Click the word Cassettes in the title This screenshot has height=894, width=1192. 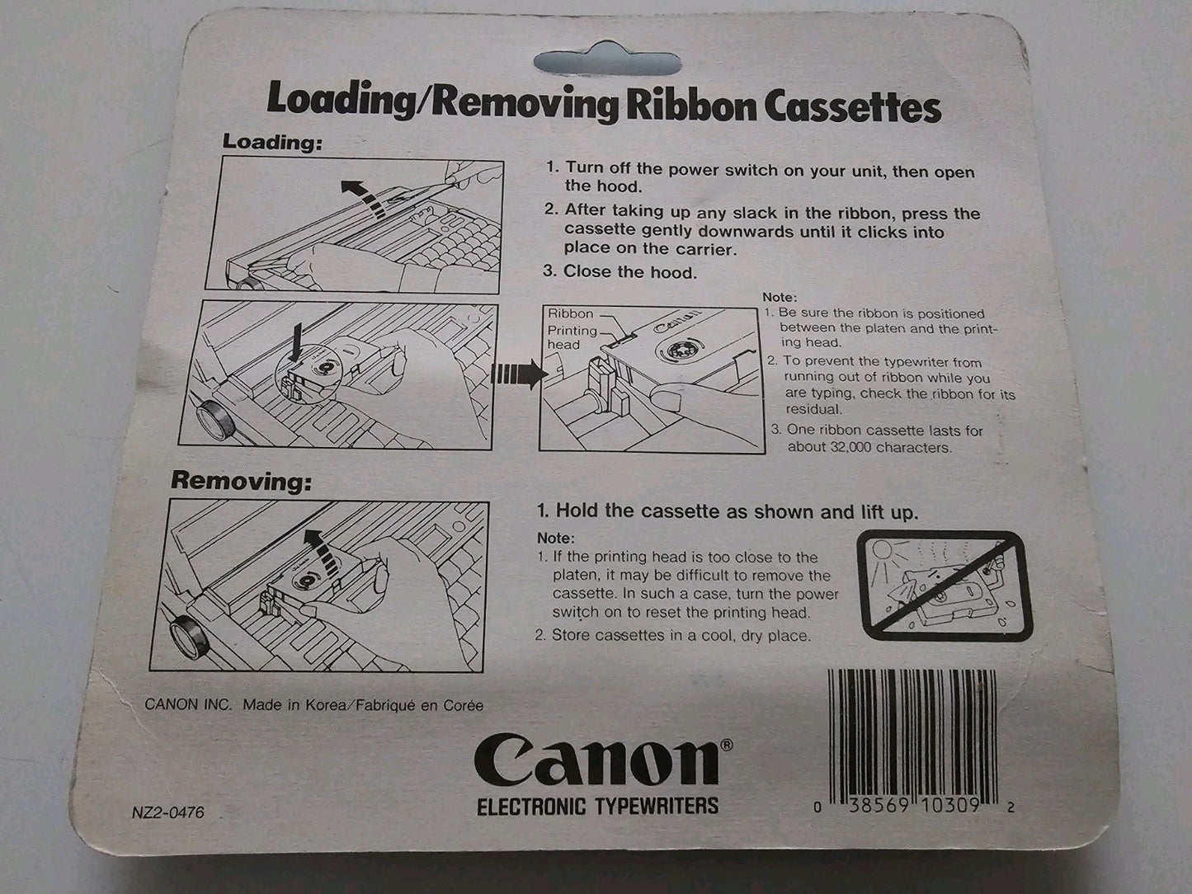pos(852,107)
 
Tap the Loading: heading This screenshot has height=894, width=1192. pos(272,142)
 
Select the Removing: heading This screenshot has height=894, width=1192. pos(242,481)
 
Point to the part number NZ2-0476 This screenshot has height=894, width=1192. pos(167,812)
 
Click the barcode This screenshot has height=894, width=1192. pos(912,741)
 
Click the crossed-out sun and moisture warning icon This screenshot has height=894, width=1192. pos(943,586)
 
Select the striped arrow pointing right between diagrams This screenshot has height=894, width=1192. pos(516,374)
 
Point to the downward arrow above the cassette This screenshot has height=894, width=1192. pos(296,343)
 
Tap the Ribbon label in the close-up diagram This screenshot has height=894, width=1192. pos(570,313)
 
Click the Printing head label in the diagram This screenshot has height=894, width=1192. pos(572,337)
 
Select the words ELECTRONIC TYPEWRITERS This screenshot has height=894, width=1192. pos(597,806)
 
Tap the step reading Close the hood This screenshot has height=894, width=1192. pos(629,271)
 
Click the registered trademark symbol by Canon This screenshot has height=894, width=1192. pos(727,744)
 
